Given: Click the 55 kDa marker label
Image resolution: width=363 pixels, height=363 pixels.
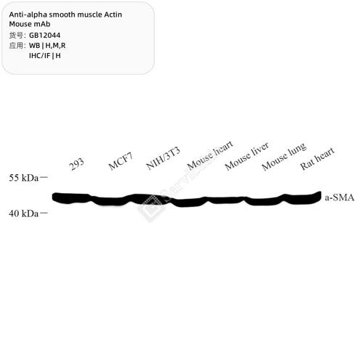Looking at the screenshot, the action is click(x=24, y=178).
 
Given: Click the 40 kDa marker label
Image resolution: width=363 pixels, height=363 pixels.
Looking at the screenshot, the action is click(x=24, y=213).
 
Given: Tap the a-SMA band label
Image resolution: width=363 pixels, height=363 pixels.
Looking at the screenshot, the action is click(x=339, y=197).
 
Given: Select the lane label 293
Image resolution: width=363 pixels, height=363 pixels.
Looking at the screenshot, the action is click(x=76, y=164).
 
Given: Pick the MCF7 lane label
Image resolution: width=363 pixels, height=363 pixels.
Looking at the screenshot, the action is click(x=121, y=161).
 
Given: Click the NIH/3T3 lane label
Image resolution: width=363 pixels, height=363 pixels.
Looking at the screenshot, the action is click(x=163, y=158).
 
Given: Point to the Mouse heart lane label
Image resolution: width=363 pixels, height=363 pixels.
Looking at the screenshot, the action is click(x=210, y=155).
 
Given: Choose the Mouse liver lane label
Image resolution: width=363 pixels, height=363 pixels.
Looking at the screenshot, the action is click(x=247, y=156).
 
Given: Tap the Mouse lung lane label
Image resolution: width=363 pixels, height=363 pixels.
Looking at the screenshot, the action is click(x=284, y=156).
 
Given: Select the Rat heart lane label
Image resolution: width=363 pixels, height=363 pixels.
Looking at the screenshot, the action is click(x=317, y=158).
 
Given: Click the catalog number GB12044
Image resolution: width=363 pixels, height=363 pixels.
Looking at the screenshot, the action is click(x=44, y=36).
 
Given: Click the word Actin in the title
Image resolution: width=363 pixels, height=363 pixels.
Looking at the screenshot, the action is click(x=113, y=15).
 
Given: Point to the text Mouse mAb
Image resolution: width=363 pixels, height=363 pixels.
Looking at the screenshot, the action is click(x=30, y=24).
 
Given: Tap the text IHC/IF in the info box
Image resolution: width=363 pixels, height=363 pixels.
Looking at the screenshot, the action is click(x=39, y=56).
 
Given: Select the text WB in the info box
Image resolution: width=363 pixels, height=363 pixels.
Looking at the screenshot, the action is click(x=35, y=46).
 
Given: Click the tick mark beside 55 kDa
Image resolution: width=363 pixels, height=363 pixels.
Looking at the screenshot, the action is click(x=44, y=178).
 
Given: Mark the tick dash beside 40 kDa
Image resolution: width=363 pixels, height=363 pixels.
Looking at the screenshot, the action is click(x=44, y=213).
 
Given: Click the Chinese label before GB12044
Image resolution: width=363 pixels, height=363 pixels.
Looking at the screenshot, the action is click(x=16, y=36).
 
